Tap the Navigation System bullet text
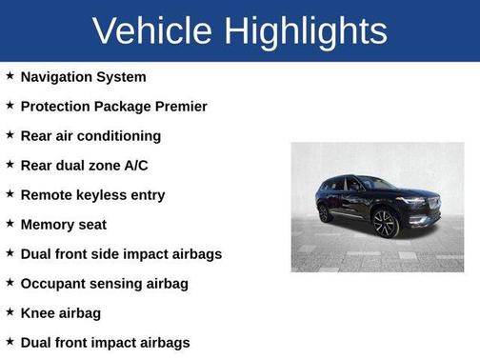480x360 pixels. [84, 76]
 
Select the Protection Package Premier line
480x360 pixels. [113, 106]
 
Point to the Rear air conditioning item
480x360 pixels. [90, 135]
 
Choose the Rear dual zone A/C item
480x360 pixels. [84, 165]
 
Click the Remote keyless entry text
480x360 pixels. [92, 194]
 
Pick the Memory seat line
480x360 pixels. [63, 224]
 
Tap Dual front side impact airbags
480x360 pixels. [121, 253]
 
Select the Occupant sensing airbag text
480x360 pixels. [104, 283]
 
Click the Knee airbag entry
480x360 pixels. [60, 312]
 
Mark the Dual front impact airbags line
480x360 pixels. [105, 342]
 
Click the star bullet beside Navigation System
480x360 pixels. [10, 75]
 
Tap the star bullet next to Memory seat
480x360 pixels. [10, 223]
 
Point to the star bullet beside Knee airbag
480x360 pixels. [10, 311]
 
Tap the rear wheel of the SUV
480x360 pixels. [325, 213]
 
